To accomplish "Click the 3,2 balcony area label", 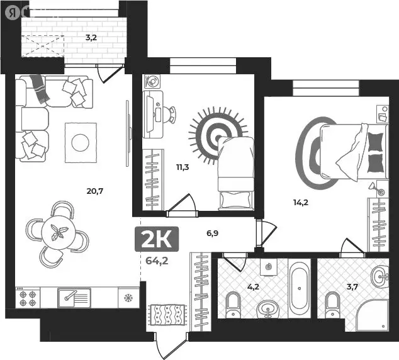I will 92,37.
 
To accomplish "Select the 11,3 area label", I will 183,167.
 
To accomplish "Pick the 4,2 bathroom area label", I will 254,286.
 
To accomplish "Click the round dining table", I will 58,232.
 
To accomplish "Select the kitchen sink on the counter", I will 74,296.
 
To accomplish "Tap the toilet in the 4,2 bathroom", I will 233,304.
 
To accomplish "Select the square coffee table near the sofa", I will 80,143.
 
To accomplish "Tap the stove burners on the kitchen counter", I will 28,297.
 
